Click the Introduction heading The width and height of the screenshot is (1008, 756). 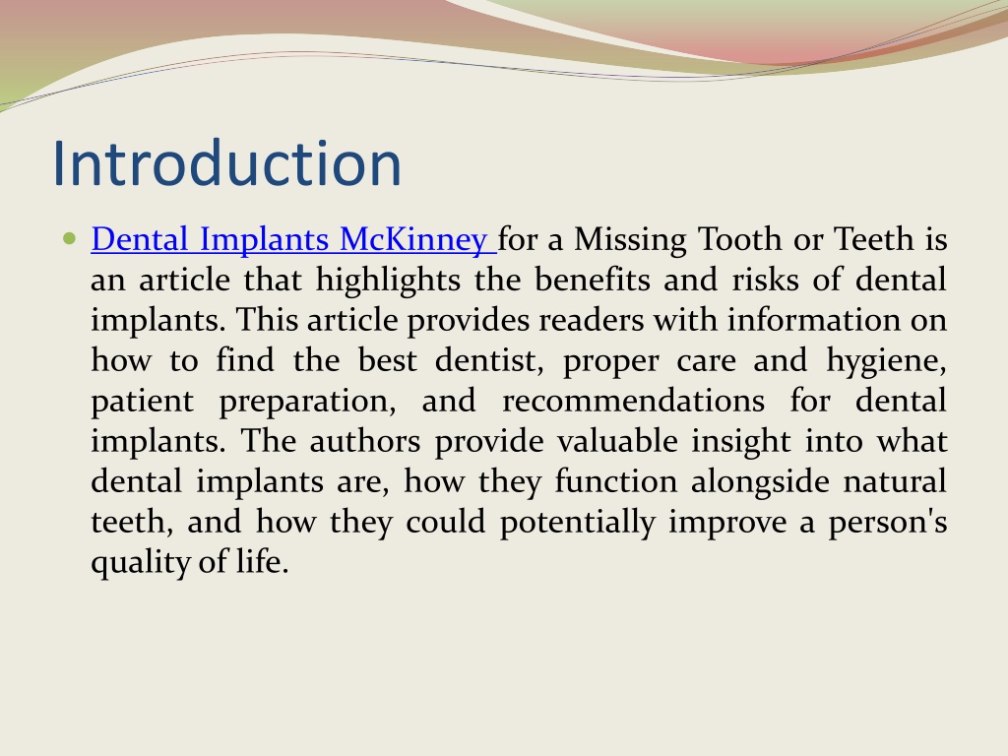click(x=227, y=163)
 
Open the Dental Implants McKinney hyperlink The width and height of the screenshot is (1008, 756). click(x=293, y=239)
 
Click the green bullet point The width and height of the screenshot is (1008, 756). click(x=70, y=239)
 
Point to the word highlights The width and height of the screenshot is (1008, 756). click(x=388, y=281)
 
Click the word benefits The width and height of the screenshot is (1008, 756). click(x=592, y=280)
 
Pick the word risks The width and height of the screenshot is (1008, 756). click(x=765, y=280)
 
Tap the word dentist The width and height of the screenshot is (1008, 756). click(x=489, y=360)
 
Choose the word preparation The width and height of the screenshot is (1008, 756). click(x=307, y=402)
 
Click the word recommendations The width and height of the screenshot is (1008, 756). click(x=633, y=402)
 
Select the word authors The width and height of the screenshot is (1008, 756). click(x=364, y=442)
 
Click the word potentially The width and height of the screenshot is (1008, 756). click(x=577, y=523)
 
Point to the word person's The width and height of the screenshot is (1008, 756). click(x=887, y=523)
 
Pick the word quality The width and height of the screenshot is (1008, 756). click(x=140, y=562)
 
